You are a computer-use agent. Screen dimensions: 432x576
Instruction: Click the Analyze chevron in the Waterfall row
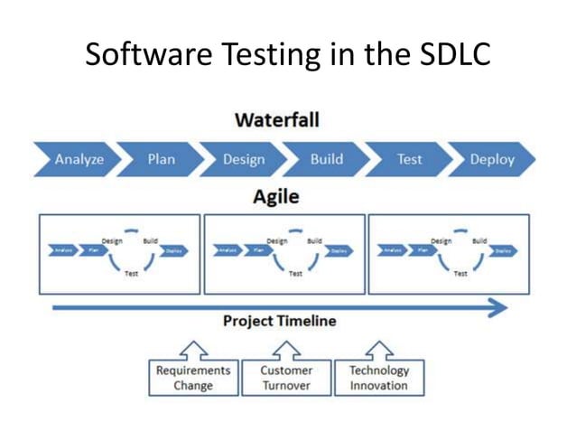(x=79, y=160)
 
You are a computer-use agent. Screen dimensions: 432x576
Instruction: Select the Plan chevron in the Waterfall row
(x=162, y=160)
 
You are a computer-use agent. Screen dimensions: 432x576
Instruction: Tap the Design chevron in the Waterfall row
(x=244, y=160)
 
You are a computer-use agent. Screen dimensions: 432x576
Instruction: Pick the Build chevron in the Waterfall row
(x=326, y=160)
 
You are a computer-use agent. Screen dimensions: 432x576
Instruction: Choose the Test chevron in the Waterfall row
(x=409, y=160)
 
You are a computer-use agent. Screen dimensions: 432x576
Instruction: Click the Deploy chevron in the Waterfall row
(x=492, y=160)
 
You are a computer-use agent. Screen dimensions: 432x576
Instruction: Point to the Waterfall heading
(x=277, y=120)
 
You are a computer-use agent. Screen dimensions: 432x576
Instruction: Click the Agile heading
(x=276, y=197)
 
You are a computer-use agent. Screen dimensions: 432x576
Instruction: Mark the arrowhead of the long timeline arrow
(x=498, y=308)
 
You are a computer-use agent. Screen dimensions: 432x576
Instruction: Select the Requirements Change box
(x=193, y=378)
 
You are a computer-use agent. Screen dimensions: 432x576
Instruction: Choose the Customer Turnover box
(x=286, y=378)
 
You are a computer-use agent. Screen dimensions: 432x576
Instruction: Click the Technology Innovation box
(x=379, y=378)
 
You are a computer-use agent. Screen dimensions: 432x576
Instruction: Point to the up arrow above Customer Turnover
(x=286, y=349)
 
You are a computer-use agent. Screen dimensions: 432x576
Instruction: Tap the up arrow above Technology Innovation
(x=379, y=349)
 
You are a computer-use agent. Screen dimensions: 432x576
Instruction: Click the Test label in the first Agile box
(x=131, y=274)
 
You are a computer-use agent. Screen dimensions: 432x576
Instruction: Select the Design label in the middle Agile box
(x=276, y=241)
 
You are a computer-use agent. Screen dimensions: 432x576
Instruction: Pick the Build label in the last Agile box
(x=479, y=241)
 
